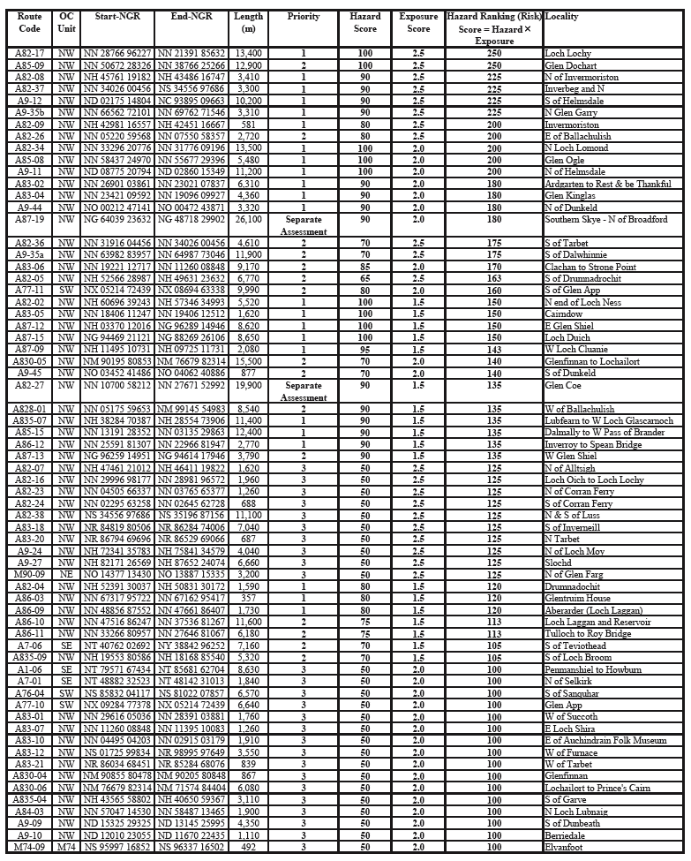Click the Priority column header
point(304,17)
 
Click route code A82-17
point(30,54)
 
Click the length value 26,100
point(249,219)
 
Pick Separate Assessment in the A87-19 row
point(304,225)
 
